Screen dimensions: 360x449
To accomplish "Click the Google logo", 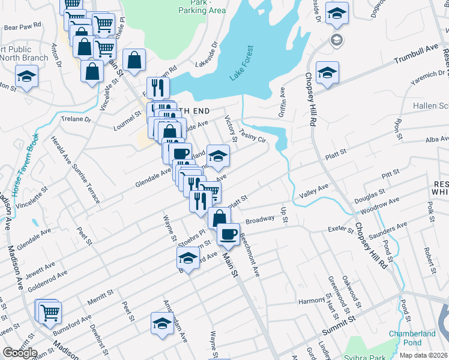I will (x=20, y=353).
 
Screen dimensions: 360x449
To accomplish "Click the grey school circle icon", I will (x=337, y=40).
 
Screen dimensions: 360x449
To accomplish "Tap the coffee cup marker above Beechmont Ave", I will (x=228, y=233).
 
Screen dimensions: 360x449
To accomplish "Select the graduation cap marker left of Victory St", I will (x=218, y=155).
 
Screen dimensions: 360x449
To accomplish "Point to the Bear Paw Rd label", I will (x=22, y=27).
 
